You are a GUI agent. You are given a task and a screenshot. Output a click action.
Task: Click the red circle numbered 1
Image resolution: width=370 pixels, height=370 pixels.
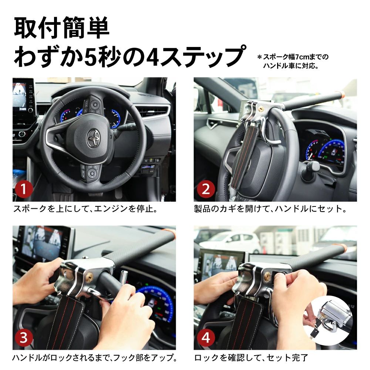coord(24,189)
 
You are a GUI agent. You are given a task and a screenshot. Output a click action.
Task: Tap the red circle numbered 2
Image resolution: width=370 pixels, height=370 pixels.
coord(206,189)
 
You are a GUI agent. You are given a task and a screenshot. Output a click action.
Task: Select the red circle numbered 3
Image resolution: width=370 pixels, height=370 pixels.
coord(24,337)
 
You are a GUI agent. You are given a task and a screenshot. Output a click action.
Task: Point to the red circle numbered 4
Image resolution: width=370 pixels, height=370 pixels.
coord(206,337)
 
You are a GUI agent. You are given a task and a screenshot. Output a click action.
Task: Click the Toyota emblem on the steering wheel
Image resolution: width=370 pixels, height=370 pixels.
coord(92,138)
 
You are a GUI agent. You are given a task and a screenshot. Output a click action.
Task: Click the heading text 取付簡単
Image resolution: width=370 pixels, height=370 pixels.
coord(61,28)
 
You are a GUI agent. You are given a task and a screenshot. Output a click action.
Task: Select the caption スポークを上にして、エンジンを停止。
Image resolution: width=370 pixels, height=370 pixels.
coord(85,209)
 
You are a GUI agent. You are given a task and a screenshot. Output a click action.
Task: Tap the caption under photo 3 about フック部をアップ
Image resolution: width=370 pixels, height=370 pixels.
coord(95,358)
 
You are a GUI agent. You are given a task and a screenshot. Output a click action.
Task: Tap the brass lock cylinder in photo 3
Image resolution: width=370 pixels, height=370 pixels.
coord(90,275)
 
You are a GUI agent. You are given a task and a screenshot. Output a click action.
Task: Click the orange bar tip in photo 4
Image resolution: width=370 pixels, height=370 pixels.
coord(344,248)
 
